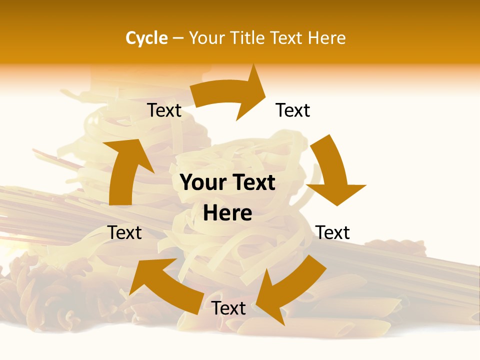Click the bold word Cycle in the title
(146, 38)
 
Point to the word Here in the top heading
(327, 38)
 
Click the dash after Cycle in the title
(178, 38)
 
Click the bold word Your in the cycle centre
(202, 183)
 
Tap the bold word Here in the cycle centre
(227, 213)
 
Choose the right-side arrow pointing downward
(332, 172)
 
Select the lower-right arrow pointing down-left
(290, 287)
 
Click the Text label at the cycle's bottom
(228, 308)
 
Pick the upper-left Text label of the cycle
(164, 110)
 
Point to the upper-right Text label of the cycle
(293, 110)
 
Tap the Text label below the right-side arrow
(333, 232)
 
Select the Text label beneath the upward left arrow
(125, 232)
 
